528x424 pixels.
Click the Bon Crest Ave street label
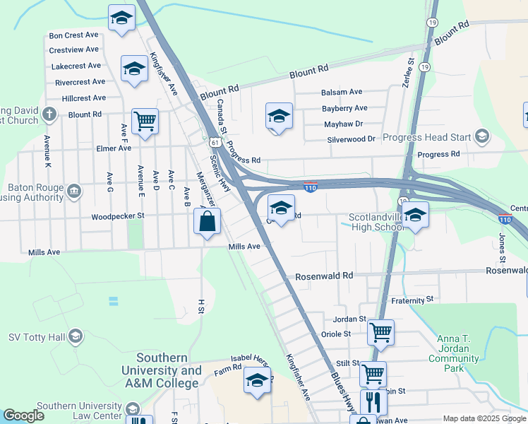click(73, 35)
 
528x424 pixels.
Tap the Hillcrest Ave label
click(83, 98)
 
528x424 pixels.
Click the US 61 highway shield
click(214, 143)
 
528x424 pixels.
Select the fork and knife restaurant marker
click(373, 402)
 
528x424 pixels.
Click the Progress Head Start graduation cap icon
click(482, 136)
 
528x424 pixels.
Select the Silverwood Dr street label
click(351, 139)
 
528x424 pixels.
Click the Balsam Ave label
click(342, 92)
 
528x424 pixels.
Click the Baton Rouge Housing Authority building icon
click(73, 190)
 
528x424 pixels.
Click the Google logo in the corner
click(24, 416)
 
